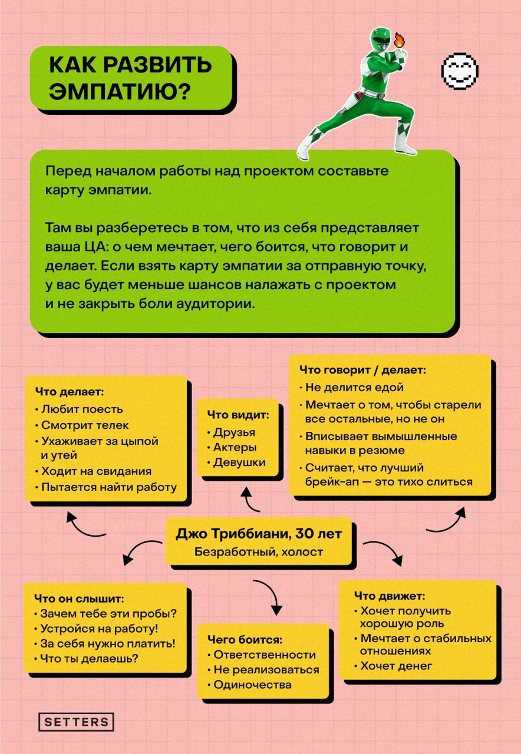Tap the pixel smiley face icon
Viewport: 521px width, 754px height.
(460, 71)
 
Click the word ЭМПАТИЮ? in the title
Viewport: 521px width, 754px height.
(120, 91)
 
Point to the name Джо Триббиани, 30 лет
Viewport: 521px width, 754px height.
(259, 534)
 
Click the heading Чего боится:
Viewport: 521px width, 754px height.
(245, 639)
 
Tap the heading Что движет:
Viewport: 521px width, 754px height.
(390, 596)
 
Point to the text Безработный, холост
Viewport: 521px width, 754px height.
(259, 552)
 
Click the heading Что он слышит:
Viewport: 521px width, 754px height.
(79, 598)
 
